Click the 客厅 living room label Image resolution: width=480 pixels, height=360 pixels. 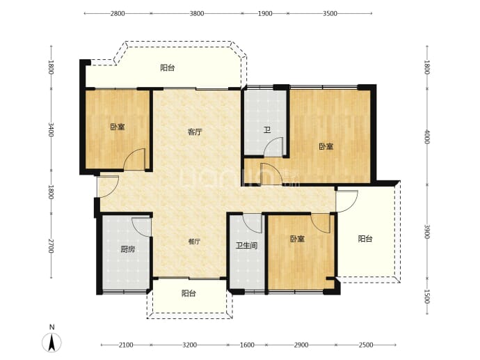[195, 132]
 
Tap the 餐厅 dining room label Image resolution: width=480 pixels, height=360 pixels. [194, 242]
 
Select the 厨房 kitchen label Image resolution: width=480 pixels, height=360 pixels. [127, 249]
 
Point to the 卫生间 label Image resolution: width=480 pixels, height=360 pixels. [246, 245]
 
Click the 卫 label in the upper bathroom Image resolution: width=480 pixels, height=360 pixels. [267, 130]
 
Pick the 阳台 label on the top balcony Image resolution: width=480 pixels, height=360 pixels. [168, 68]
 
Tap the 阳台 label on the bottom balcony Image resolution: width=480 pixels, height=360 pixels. [189, 293]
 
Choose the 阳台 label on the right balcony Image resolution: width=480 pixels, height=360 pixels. [365, 239]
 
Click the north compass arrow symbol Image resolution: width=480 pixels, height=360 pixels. [51, 342]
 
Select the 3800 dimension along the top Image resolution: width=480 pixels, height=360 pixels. [197, 13]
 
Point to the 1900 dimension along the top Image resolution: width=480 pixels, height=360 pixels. [265, 13]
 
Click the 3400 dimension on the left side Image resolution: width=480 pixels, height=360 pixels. [51, 130]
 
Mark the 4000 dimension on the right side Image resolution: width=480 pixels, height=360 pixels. [427, 136]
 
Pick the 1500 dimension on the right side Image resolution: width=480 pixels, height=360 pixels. [427, 297]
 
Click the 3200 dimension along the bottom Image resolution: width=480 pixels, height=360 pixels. [189, 345]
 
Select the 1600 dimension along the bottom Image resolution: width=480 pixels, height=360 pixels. [247, 345]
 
